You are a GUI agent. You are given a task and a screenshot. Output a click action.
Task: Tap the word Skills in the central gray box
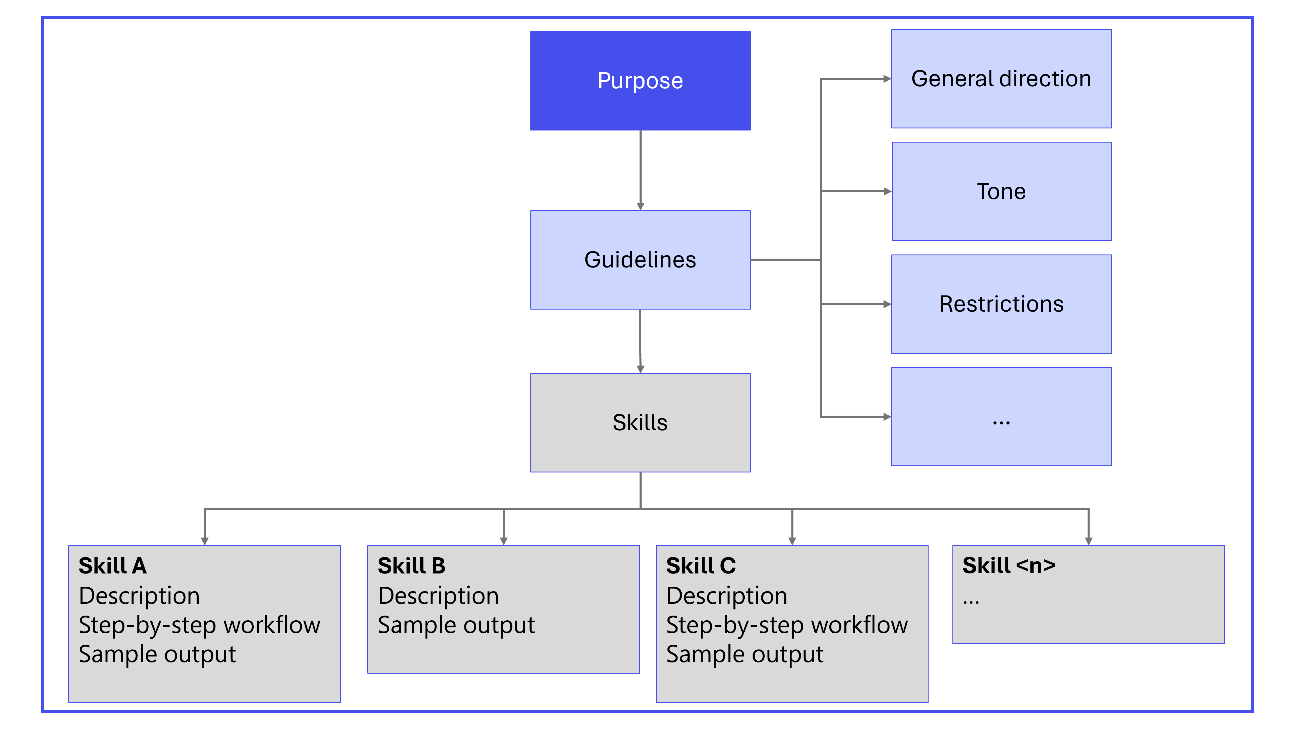(640, 423)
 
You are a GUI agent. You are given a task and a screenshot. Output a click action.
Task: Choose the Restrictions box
(1001, 304)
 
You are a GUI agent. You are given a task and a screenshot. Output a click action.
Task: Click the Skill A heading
(113, 566)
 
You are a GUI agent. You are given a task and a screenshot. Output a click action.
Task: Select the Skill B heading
(411, 566)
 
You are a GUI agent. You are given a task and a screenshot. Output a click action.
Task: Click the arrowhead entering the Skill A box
(205, 541)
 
